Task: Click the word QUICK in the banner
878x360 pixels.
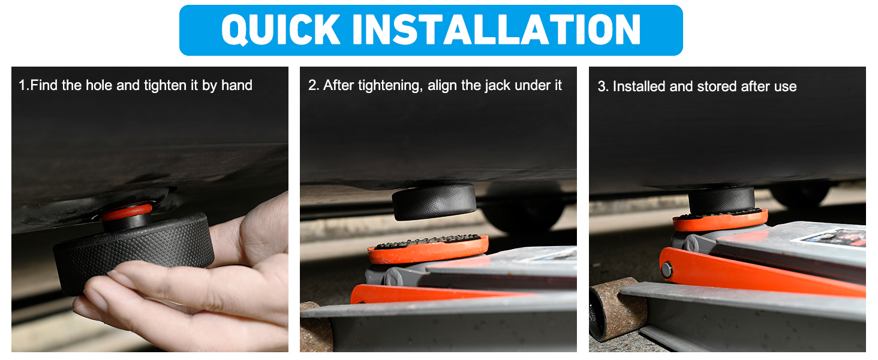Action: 281,30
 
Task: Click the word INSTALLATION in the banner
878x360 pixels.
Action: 496,29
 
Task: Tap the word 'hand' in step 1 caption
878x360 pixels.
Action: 237,85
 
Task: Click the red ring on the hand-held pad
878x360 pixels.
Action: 126,211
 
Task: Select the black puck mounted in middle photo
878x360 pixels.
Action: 434,202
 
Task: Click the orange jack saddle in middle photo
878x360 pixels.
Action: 428,250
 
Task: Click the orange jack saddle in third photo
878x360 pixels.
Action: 720,220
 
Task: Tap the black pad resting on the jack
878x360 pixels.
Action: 721,200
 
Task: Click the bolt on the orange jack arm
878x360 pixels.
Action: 666,270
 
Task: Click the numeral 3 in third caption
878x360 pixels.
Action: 601,86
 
